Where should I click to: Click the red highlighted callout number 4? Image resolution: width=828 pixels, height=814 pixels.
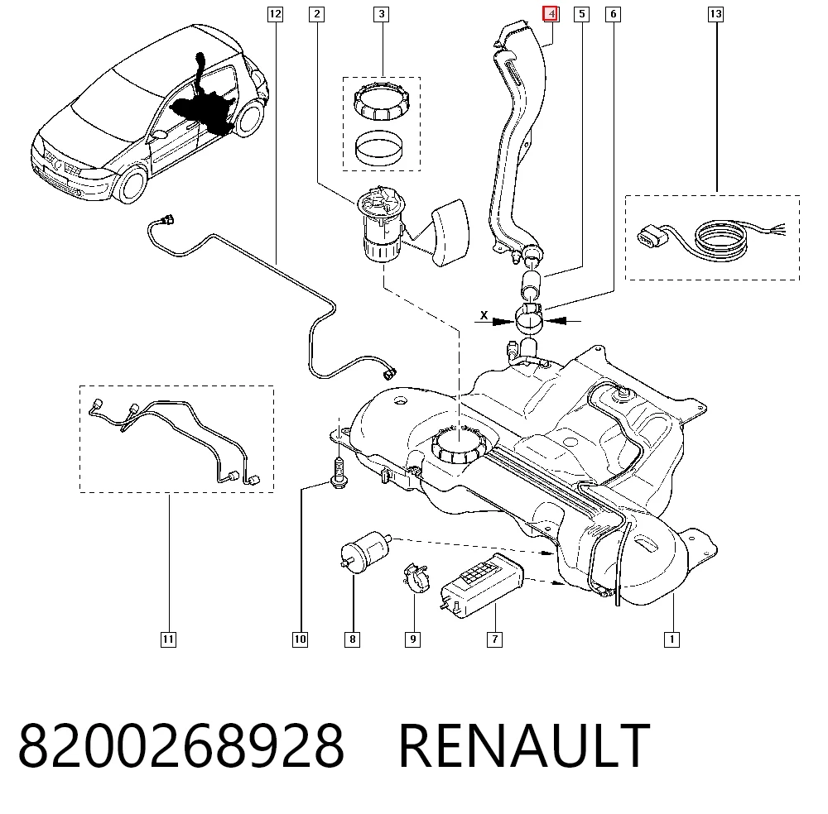point(551,14)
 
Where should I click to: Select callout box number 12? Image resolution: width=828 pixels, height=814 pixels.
point(275,14)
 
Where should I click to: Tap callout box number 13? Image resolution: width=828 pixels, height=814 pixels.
point(715,14)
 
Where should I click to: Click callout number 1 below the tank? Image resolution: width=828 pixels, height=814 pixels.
point(672,639)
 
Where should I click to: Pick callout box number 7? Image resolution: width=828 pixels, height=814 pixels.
point(494,639)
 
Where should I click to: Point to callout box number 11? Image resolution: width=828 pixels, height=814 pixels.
point(168,639)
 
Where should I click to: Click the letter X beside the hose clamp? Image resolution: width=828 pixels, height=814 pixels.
point(484,315)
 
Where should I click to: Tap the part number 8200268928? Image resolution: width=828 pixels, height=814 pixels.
point(181,745)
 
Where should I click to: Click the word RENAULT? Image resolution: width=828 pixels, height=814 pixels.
point(524,745)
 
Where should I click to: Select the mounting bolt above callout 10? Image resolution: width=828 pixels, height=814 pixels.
point(339,472)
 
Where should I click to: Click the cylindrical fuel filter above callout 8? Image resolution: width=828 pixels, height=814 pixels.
point(366,552)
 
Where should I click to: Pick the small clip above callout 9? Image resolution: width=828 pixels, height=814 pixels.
point(416,578)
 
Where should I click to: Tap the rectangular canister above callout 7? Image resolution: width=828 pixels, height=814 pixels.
point(482,585)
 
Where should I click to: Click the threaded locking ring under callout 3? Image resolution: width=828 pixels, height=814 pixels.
point(382,103)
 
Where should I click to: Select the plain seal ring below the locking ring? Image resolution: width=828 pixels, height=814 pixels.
point(378,148)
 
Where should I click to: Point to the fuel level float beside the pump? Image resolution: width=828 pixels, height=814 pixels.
point(450,232)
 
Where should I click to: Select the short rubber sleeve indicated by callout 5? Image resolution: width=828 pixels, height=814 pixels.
point(531,285)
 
